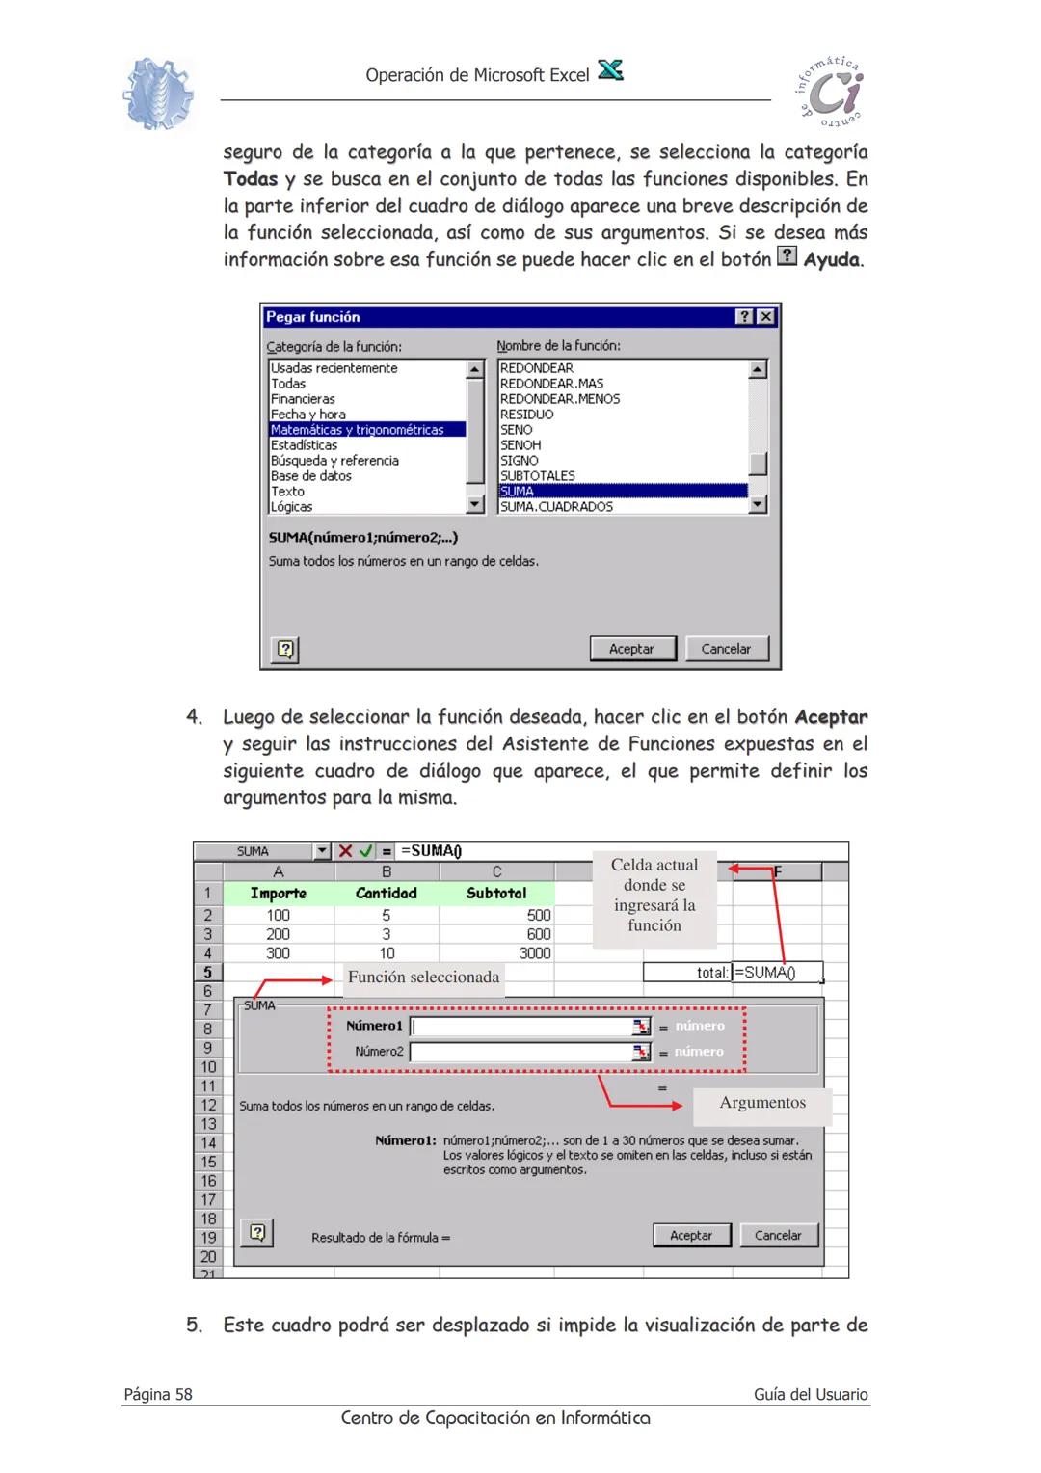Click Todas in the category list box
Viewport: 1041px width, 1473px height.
pos(288,384)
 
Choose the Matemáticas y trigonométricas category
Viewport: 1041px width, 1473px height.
pos(357,430)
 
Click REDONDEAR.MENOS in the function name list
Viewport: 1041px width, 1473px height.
pos(559,399)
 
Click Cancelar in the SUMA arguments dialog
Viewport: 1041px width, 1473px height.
pos(777,1235)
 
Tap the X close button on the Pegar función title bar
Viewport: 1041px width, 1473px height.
pos(765,317)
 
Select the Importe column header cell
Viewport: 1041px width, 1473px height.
pos(278,894)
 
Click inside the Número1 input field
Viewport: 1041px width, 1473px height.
pos(520,1027)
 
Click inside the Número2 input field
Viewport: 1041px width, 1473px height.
pos(520,1052)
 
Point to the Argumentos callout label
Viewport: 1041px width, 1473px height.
pos(761,1103)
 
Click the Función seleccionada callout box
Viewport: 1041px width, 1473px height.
pos(423,978)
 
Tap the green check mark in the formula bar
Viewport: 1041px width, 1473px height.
pos(365,851)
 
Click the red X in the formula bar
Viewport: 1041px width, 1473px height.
pos(345,851)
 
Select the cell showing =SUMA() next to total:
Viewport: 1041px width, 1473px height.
pos(776,973)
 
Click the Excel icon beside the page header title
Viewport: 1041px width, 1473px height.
pos(610,71)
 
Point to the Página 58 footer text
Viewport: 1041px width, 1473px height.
pos(158,1394)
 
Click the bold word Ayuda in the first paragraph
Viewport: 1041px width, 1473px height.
pos(833,260)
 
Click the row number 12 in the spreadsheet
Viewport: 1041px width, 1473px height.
pos(208,1106)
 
